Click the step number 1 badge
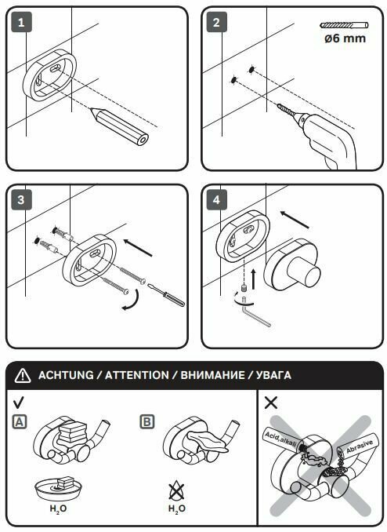21,22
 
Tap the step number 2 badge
216,22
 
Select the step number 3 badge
21,199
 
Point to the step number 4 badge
216,199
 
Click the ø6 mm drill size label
345,38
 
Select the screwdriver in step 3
167,295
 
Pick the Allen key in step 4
255,313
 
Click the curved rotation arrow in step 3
135,301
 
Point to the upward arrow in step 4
253,279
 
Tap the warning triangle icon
23,375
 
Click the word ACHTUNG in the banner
66,375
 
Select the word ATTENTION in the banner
136,375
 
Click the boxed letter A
20,422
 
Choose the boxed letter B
147,422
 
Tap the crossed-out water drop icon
177,491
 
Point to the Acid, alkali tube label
280,439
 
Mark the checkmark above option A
19,403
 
